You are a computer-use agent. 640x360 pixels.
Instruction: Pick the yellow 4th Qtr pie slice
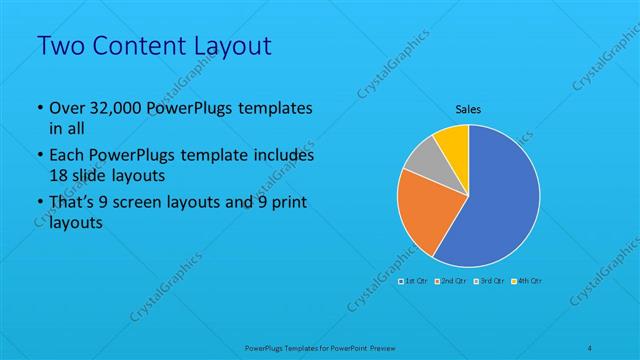point(452,139)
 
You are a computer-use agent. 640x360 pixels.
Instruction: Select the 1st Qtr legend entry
point(413,282)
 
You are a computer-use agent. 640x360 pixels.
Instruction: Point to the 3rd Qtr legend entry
point(490,282)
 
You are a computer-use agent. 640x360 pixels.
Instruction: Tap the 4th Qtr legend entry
point(526,282)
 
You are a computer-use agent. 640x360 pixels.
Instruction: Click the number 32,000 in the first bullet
point(111,109)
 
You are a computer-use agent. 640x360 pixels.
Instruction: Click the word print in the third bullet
point(286,205)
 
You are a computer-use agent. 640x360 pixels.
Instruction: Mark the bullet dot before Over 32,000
point(38,109)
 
